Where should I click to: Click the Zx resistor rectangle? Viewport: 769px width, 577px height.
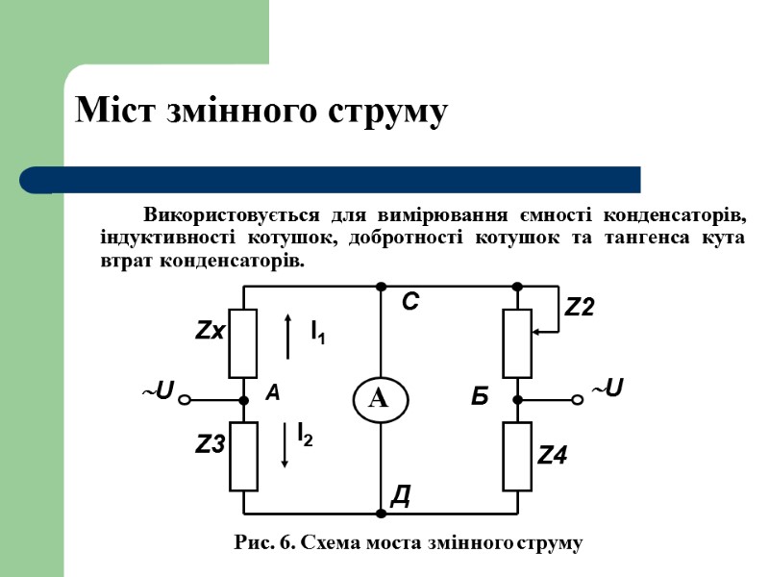[x=243, y=343]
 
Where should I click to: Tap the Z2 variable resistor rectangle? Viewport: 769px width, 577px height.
[x=517, y=343]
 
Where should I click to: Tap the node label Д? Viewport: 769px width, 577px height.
[x=402, y=495]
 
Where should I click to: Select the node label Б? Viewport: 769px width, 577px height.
[x=481, y=394]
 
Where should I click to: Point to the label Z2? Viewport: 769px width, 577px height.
[x=580, y=308]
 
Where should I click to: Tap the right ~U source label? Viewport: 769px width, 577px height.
[x=607, y=389]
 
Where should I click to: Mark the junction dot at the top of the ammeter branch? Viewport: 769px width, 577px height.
[x=381, y=287]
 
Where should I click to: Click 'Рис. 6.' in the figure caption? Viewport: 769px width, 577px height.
[x=265, y=543]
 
